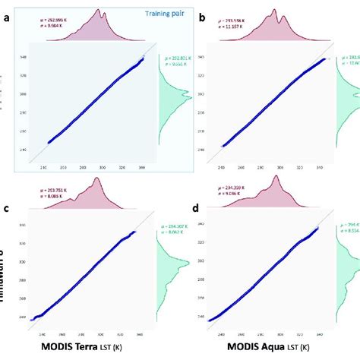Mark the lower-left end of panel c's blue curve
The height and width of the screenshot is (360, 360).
click(x=33, y=320)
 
